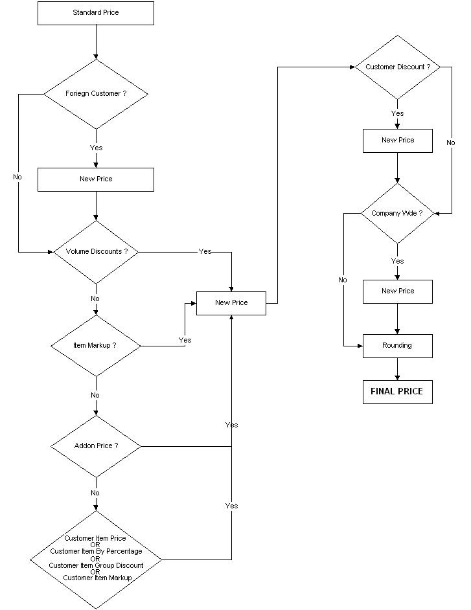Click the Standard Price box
[96, 13]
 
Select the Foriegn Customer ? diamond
[96, 94]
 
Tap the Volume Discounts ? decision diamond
[96, 252]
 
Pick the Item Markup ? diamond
[96, 346]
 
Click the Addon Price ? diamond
[96, 446]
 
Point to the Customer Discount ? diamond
[397, 67]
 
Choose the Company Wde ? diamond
[397, 213]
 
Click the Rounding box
[397, 346]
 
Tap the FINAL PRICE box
[397, 392]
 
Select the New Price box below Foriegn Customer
[96, 179]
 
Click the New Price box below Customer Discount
[397, 141]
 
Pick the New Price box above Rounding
[397, 291]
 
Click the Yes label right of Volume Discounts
[205, 252]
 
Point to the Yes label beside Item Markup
[185, 340]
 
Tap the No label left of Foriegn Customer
[17, 177]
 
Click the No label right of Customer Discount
[451, 142]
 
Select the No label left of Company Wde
[343, 280]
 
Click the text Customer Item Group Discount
[96, 565]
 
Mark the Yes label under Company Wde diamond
[397, 261]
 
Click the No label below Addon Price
[95, 493]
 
